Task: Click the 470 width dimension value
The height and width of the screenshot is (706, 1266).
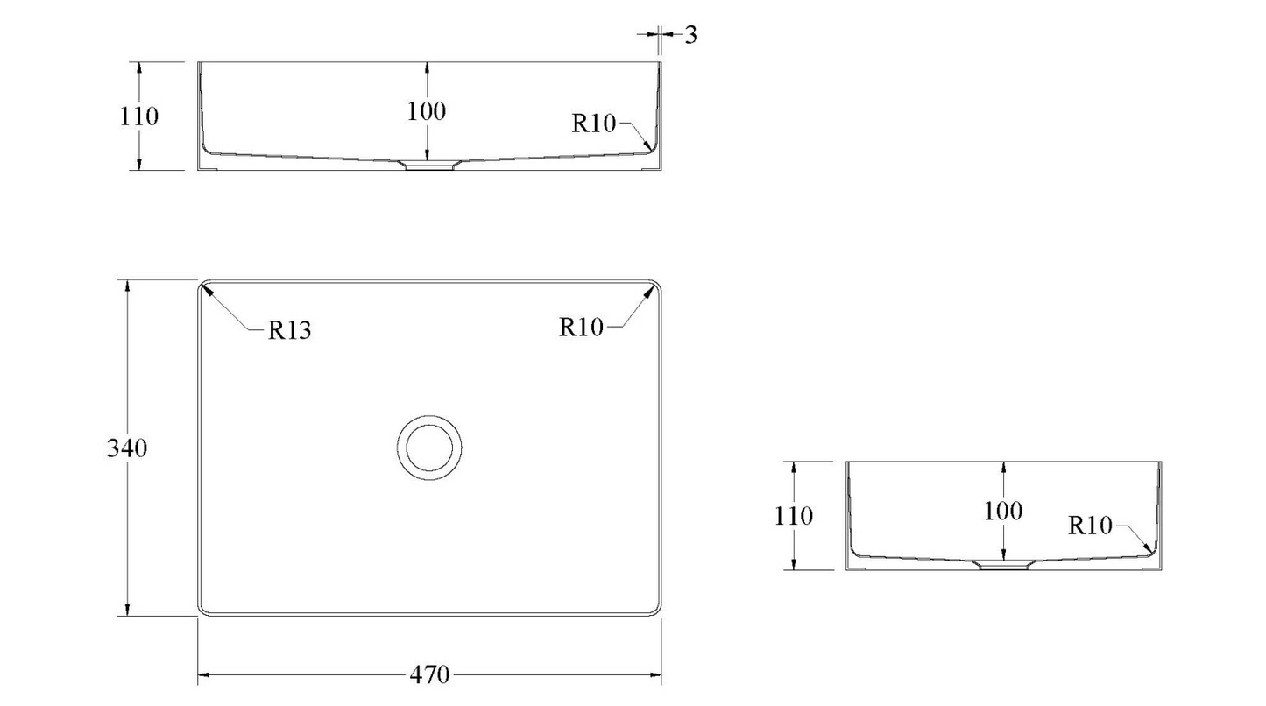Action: [429, 675]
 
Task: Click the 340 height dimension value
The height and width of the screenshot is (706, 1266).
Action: [127, 448]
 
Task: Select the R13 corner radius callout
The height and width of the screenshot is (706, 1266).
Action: [289, 330]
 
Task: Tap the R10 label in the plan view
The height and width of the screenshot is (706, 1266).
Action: [582, 328]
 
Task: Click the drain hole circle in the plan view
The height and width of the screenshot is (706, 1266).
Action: [428, 448]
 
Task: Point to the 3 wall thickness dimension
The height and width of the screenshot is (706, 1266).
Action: [690, 36]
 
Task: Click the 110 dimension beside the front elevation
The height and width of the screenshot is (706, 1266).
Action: [139, 116]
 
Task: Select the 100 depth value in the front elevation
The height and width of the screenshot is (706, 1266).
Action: [427, 111]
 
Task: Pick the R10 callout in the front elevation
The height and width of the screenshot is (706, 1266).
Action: [595, 124]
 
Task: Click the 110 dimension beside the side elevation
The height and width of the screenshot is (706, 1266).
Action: [794, 516]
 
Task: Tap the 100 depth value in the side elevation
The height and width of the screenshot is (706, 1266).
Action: [1003, 511]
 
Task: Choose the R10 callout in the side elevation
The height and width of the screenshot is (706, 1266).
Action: [1090, 526]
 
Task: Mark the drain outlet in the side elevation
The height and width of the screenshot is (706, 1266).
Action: [1003, 565]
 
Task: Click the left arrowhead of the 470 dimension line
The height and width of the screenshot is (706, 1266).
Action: [202, 675]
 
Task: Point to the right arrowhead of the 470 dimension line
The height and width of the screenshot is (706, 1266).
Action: [656, 675]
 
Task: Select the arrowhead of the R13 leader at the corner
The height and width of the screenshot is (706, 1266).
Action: [206, 288]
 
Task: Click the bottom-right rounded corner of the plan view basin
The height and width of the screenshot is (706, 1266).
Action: [656, 610]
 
